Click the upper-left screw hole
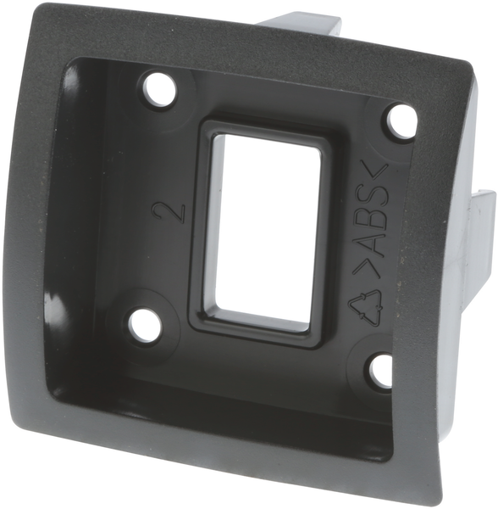click(x=160, y=90)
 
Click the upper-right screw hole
click(x=401, y=120)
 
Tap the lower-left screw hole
click(x=145, y=322)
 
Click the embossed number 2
click(x=169, y=212)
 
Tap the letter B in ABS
click(x=378, y=219)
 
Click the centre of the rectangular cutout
click(x=265, y=232)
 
